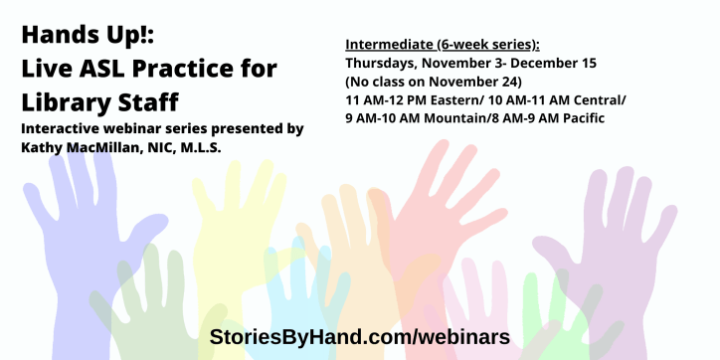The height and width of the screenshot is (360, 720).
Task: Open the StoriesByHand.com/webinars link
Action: tap(360, 336)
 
